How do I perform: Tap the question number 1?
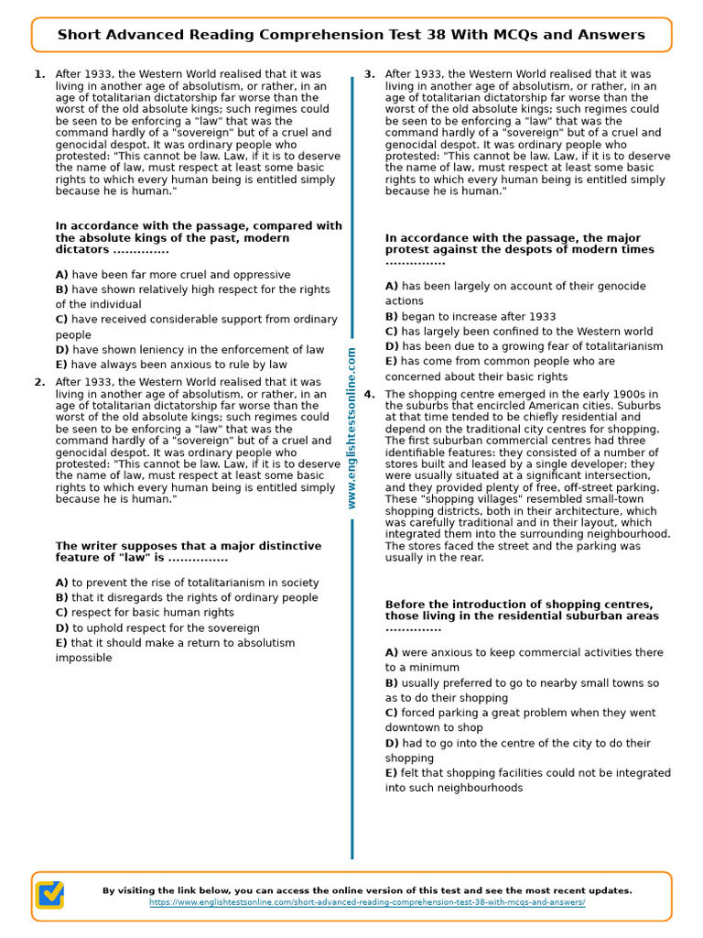coord(38,74)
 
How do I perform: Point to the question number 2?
coord(38,382)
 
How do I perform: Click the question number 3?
coord(369,74)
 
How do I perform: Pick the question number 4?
coord(369,394)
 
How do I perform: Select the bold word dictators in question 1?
coord(82,249)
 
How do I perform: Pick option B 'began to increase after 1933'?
coord(470,316)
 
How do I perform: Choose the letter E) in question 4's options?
coord(392,772)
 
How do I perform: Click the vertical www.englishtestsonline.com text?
coord(352,428)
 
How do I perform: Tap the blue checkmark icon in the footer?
coord(49,895)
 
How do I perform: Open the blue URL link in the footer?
coord(367,902)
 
